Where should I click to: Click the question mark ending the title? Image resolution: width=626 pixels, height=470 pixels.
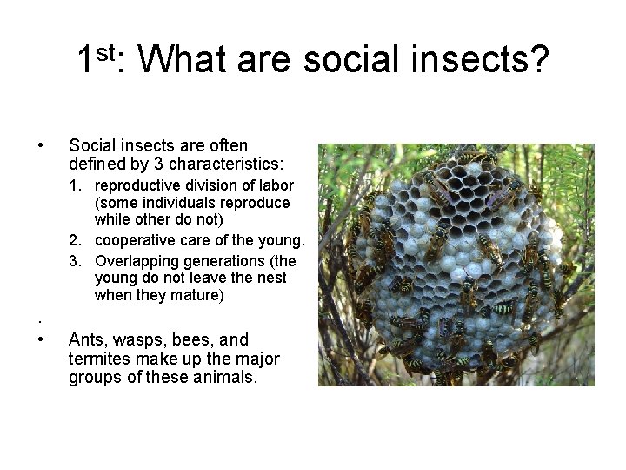click(539, 60)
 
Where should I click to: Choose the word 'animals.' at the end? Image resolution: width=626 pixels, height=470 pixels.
click(229, 379)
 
